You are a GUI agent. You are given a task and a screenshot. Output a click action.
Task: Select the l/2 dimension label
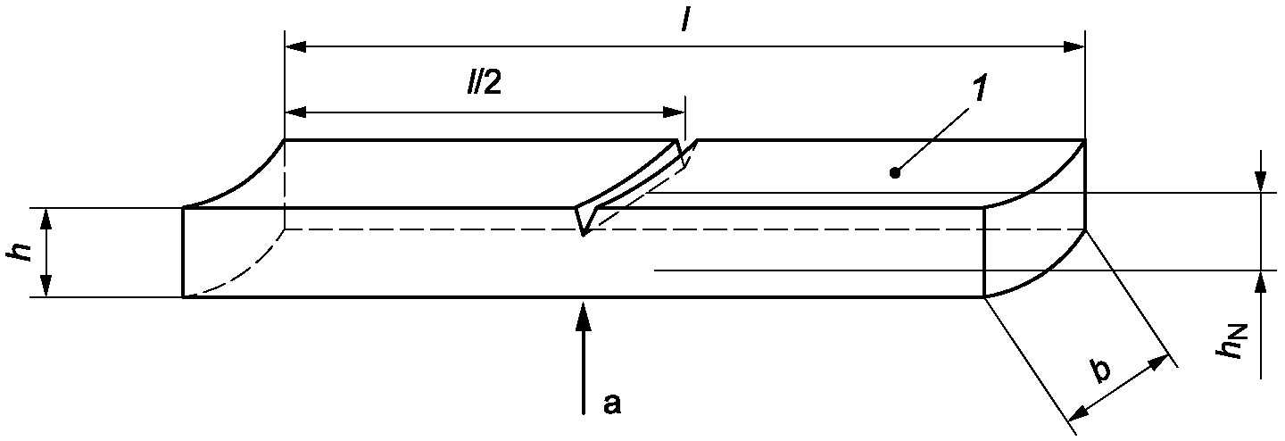(x=484, y=82)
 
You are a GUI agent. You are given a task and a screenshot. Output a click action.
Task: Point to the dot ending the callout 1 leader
(x=894, y=172)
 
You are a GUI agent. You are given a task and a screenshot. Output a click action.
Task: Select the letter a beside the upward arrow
(x=611, y=404)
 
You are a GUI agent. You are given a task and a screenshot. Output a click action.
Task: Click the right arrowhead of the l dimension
(x=1074, y=47)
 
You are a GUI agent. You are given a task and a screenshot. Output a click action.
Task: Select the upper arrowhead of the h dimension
(x=46, y=219)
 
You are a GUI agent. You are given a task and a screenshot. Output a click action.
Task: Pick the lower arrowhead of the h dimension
(x=46, y=287)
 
